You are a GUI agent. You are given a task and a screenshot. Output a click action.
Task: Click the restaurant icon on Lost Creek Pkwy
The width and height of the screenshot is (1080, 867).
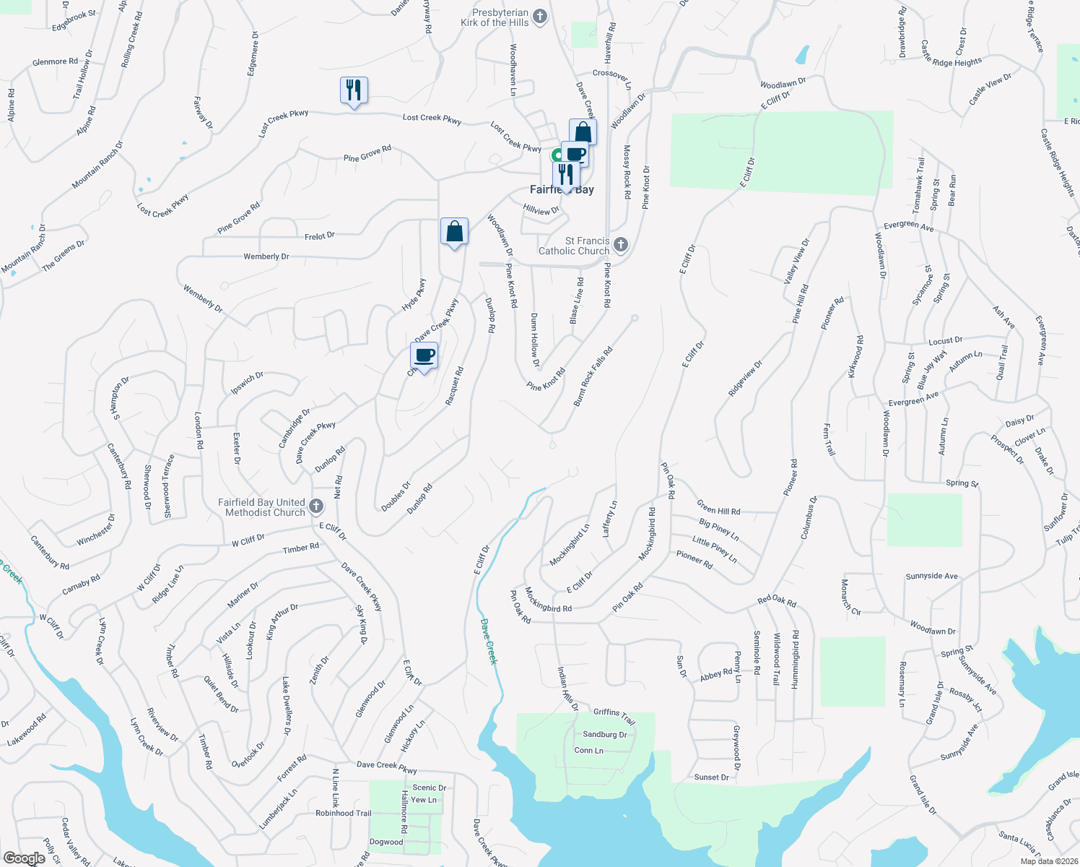(354, 90)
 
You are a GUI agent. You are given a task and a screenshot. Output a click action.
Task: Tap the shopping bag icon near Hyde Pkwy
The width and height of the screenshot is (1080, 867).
(454, 232)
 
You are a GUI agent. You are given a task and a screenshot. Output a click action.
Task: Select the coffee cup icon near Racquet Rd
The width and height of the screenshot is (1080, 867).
(424, 355)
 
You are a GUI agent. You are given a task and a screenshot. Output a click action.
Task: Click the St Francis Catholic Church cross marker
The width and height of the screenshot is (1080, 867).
(620, 246)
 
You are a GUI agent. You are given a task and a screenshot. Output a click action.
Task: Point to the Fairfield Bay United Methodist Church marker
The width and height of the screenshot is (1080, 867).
(316, 506)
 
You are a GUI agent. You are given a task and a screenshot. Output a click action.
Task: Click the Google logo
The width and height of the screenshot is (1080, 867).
(24, 858)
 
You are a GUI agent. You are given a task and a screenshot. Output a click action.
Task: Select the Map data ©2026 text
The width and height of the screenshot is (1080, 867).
(1048, 861)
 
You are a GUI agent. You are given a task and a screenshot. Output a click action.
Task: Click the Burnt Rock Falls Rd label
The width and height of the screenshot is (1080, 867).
(593, 376)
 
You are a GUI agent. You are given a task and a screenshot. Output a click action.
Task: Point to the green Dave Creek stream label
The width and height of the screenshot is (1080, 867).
(489, 642)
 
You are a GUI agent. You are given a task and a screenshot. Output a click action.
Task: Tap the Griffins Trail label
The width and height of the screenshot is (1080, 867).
(614, 716)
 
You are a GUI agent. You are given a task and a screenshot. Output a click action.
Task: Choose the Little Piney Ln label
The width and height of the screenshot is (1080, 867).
(715, 549)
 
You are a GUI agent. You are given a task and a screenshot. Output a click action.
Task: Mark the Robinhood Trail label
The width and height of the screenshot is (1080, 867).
(344, 814)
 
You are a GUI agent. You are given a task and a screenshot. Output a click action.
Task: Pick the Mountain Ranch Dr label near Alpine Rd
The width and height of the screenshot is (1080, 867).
(97, 165)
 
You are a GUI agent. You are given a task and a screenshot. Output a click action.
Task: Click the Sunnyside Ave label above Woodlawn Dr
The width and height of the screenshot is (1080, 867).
(932, 576)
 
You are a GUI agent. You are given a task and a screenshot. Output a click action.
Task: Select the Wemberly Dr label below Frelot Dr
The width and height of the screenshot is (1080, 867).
(266, 256)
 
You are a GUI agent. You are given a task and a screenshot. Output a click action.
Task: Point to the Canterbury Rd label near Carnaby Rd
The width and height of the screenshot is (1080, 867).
(50, 553)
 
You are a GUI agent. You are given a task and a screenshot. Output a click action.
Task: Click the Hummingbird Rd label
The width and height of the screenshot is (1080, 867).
(795, 660)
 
